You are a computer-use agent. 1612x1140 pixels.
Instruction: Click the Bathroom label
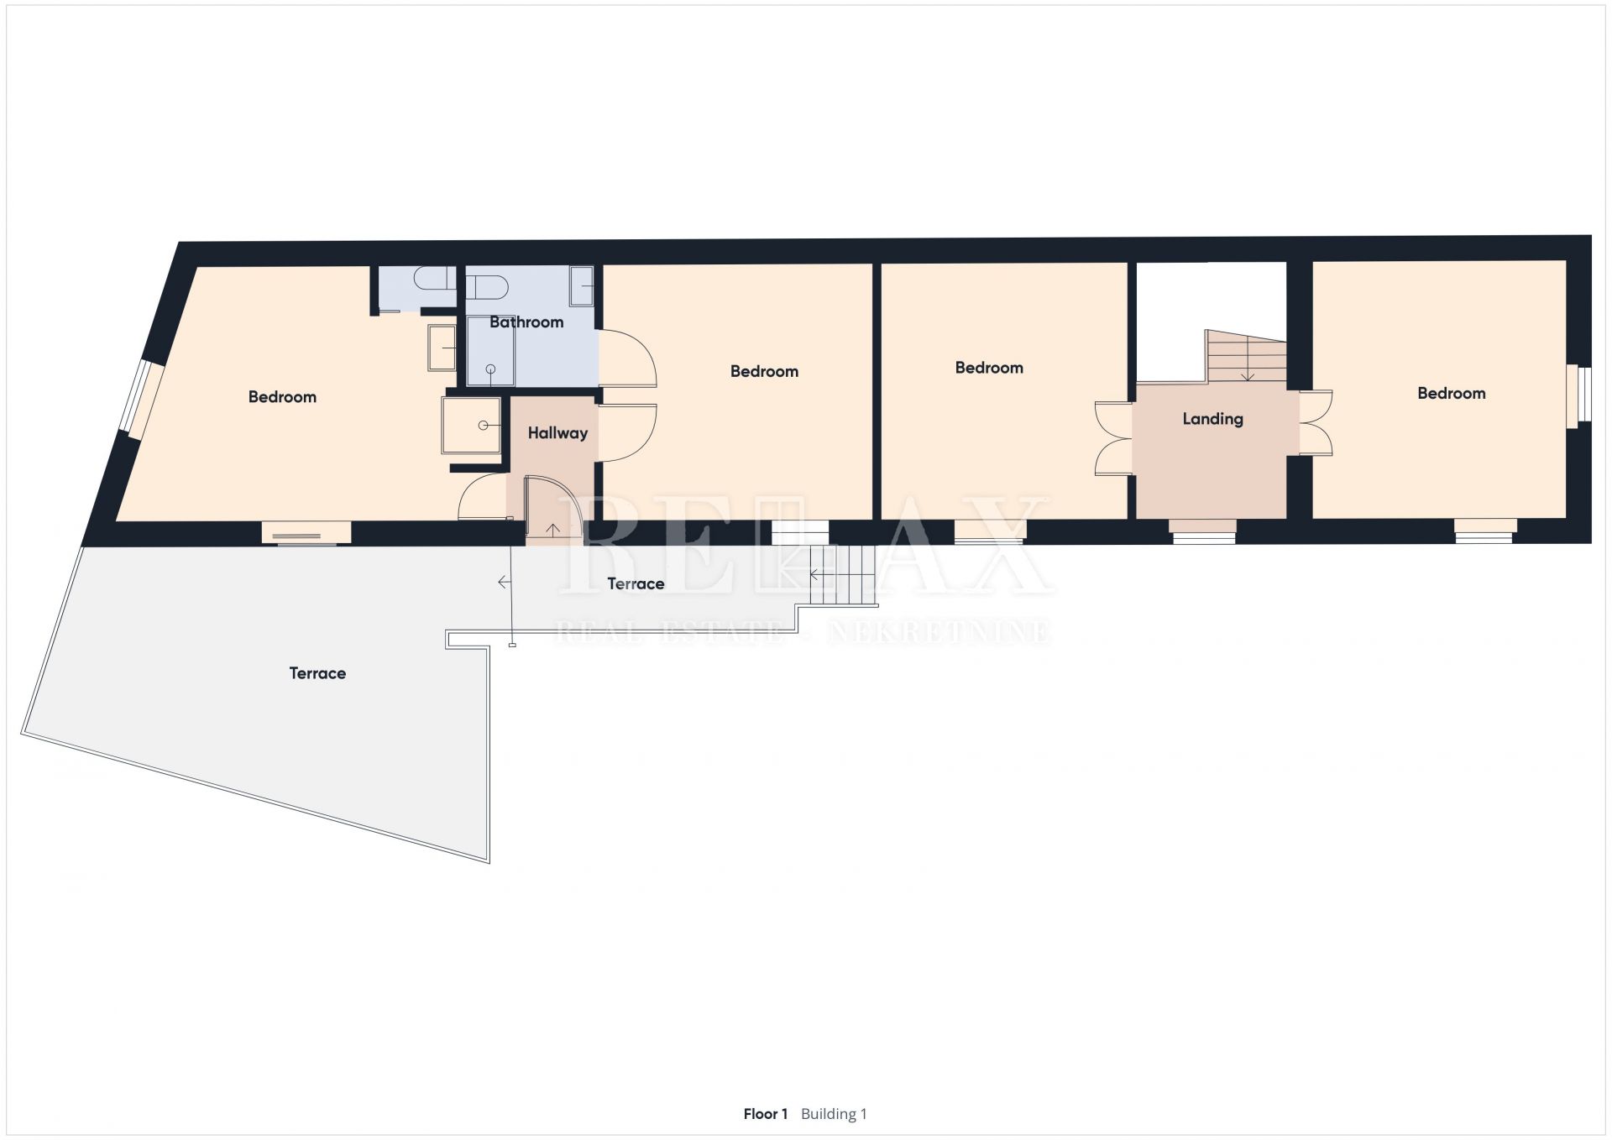(x=526, y=322)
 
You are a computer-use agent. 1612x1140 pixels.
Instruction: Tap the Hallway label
(x=557, y=433)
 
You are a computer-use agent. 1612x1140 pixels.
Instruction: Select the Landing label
(x=1212, y=419)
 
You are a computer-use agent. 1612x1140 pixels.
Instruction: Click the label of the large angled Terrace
(x=317, y=673)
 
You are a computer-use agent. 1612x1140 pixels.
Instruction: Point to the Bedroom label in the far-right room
(x=1452, y=393)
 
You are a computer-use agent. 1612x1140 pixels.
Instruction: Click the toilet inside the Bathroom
(x=488, y=288)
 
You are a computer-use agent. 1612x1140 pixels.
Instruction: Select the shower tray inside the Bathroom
(x=490, y=351)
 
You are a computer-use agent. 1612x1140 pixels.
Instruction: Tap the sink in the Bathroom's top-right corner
(x=582, y=286)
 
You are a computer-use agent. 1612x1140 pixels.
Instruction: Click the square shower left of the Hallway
(x=471, y=426)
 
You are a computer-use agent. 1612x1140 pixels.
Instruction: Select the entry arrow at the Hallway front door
(x=553, y=530)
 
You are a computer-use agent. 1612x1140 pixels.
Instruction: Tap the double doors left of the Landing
(x=1114, y=439)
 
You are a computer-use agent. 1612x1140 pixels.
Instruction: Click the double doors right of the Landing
(x=1316, y=423)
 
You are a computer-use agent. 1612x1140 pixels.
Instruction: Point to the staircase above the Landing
(x=1246, y=357)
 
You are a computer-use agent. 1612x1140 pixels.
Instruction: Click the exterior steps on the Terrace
(x=843, y=575)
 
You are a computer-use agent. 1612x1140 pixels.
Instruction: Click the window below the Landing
(x=1203, y=531)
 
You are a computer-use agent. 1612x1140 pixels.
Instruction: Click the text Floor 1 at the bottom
(x=765, y=1114)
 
